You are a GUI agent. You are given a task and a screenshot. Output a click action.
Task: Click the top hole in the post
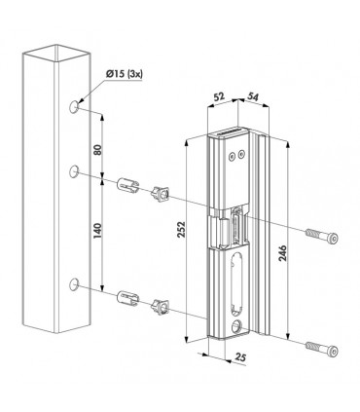coord(75,103)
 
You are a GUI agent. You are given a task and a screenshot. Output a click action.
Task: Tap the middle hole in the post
coord(75,173)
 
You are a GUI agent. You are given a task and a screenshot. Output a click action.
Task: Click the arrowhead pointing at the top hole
coord(82,97)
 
